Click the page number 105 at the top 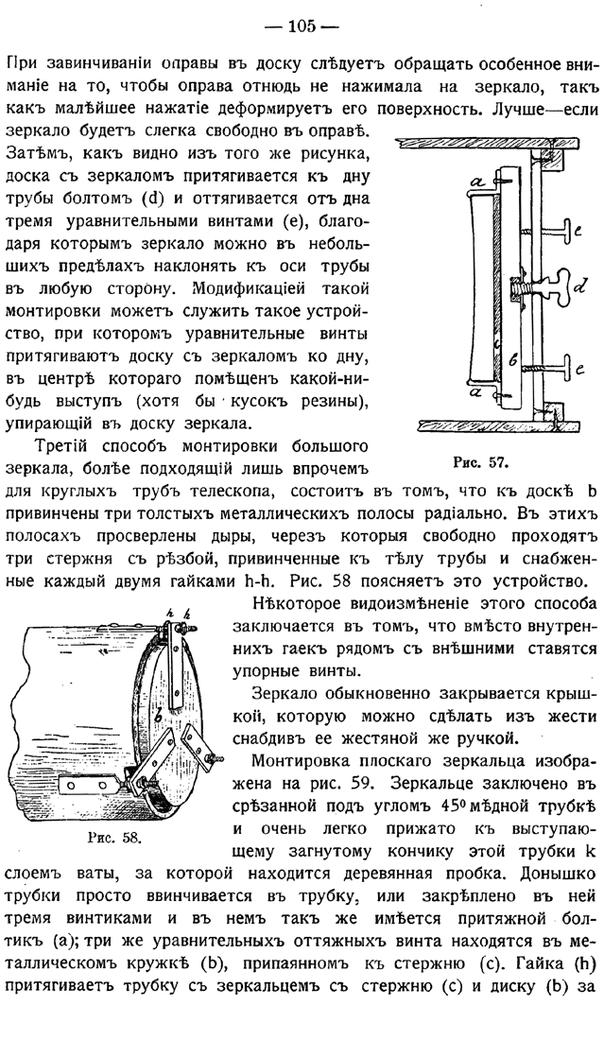(302, 26)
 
